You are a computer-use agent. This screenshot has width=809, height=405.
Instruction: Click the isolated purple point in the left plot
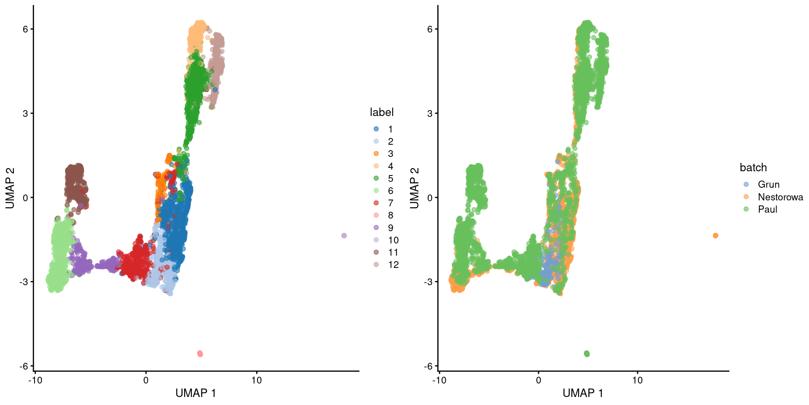[344, 235]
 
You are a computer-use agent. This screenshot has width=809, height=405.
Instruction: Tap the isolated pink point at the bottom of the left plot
[200, 354]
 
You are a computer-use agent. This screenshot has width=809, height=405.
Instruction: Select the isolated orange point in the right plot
[715, 235]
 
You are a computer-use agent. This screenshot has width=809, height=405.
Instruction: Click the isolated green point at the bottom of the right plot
[587, 354]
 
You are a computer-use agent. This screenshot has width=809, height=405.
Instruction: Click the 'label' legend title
[382, 112]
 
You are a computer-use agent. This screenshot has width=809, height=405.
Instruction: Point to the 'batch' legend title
[753, 167]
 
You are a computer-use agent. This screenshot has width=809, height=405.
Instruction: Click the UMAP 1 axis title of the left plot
[196, 393]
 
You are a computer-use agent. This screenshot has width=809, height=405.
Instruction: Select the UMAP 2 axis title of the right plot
[415, 188]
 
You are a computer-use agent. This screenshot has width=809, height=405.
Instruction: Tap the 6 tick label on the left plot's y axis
[25, 29]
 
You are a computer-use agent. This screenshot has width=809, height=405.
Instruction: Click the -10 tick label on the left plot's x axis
[35, 381]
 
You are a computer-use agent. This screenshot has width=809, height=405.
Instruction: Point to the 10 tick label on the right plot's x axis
[638, 381]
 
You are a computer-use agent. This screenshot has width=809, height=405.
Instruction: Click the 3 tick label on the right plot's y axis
[430, 113]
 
